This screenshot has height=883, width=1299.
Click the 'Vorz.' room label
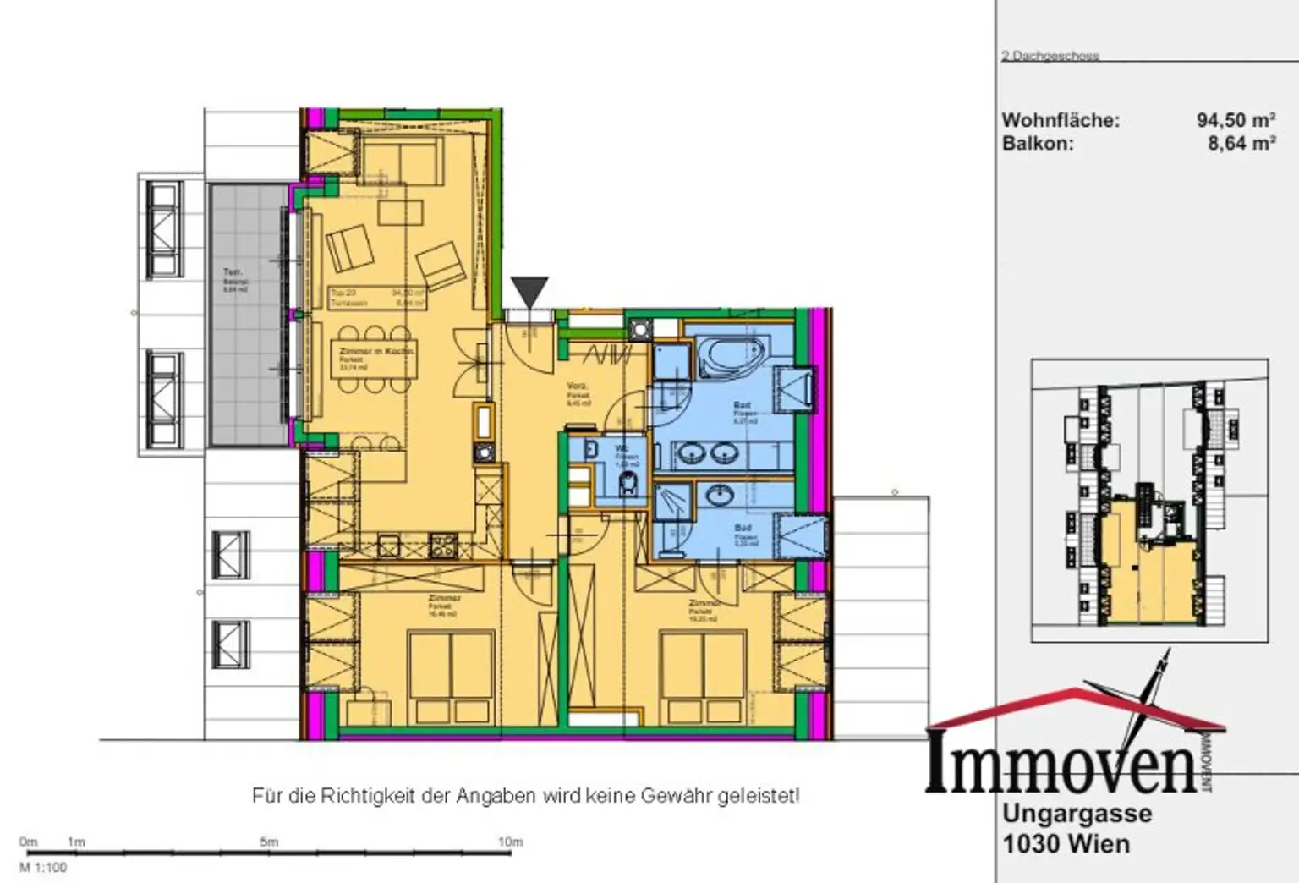click(x=577, y=387)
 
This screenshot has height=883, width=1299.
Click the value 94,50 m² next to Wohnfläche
click(x=1236, y=120)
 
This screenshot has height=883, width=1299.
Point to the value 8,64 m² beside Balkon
click(x=1241, y=143)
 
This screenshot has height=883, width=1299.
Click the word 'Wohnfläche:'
click(x=1061, y=120)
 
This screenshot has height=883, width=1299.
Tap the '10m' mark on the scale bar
click(x=510, y=842)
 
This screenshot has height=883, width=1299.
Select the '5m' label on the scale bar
click(x=269, y=842)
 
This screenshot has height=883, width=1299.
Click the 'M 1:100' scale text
click(x=42, y=867)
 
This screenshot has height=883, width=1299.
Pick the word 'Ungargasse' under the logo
click(x=1077, y=814)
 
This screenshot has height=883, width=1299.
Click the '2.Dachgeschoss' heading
click(x=1050, y=56)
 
